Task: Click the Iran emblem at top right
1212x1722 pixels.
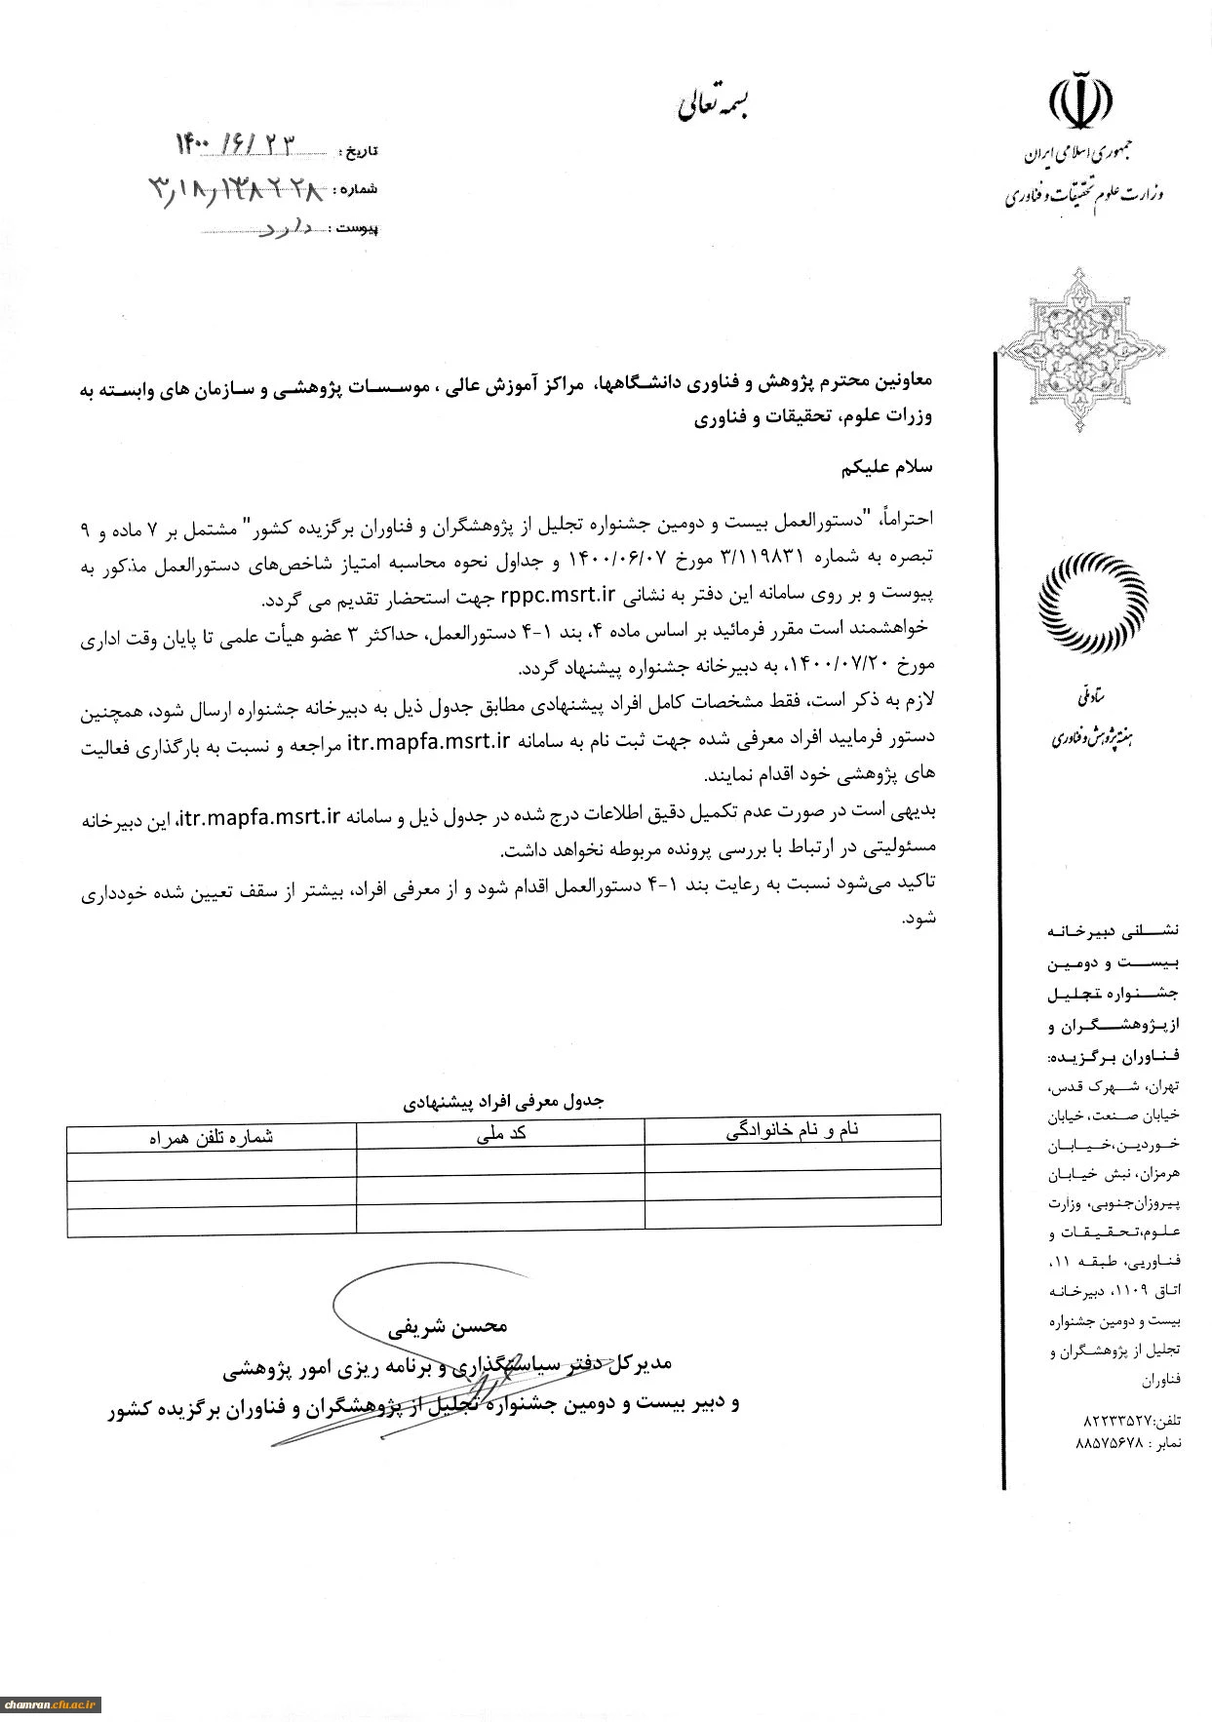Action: (x=1081, y=98)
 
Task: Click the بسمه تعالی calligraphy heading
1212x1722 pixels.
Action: (x=716, y=106)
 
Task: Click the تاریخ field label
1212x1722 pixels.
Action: (x=358, y=151)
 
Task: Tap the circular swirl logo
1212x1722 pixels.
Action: (x=1093, y=604)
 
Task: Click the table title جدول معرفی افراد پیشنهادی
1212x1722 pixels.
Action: (x=504, y=1101)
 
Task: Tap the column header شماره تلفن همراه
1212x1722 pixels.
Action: (x=212, y=1136)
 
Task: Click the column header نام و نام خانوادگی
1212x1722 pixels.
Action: (x=793, y=1131)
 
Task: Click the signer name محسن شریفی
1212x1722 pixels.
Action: (x=449, y=1326)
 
